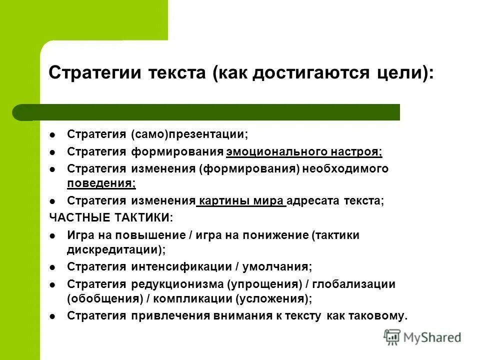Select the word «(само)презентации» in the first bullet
click(x=189, y=135)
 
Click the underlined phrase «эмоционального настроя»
click(x=304, y=152)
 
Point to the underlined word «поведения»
click(x=101, y=183)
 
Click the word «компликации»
click(x=186, y=299)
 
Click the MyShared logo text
click(x=432, y=337)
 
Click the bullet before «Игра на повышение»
click(x=53, y=235)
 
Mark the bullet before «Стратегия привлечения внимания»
click(x=53, y=316)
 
